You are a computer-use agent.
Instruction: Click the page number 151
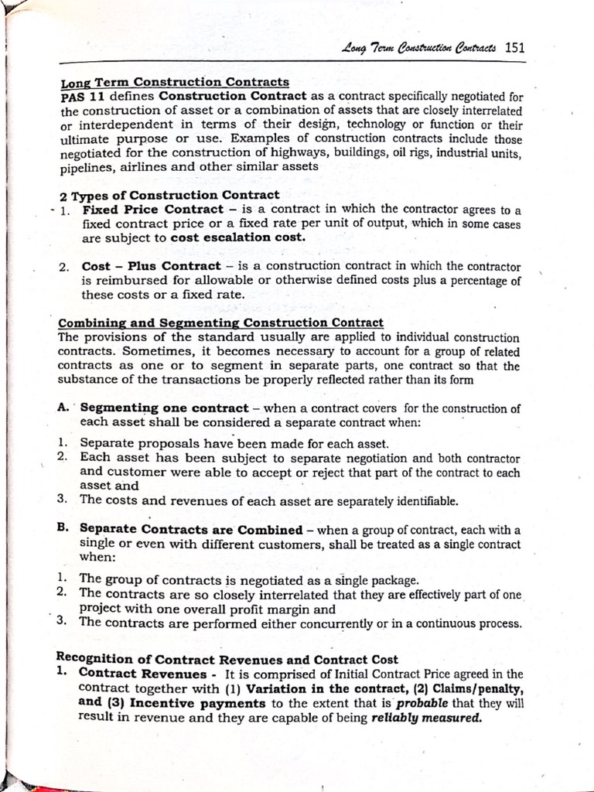514,47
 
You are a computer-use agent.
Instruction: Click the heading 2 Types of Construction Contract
169,195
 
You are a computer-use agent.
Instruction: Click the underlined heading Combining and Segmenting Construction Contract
220,323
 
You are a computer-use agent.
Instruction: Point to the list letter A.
64,407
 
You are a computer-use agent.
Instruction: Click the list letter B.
64,529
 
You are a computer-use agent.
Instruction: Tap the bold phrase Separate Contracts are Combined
191,530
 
